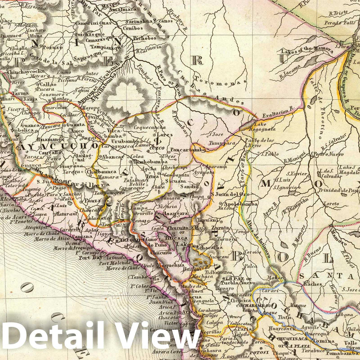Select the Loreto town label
(331, 204)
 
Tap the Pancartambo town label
(188, 150)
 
